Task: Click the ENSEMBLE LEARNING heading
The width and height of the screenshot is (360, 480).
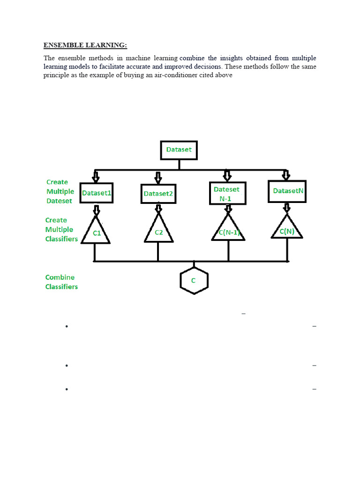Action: (85, 45)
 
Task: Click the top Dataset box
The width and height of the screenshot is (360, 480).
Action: (179, 150)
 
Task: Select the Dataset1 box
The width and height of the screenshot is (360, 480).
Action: (97, 193)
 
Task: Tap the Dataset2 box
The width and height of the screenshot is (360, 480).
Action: (158, 194)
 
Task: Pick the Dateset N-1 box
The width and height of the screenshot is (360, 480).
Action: (226, 194)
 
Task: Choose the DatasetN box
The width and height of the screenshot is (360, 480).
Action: (287, 191)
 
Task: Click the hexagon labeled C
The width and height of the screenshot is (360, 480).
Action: (194, 281)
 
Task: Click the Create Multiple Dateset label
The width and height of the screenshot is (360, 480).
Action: (60, 191)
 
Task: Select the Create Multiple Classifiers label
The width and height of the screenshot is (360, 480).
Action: (61, 229)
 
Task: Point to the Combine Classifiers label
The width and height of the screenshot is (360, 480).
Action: (61, 282)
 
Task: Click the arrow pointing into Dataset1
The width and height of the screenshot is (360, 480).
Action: (96, 177)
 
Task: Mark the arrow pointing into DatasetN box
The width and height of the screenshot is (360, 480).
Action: (286, 175)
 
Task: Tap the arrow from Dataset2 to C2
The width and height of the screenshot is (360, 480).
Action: (158, 208)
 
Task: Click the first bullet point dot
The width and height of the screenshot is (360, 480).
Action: (67, 327)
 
